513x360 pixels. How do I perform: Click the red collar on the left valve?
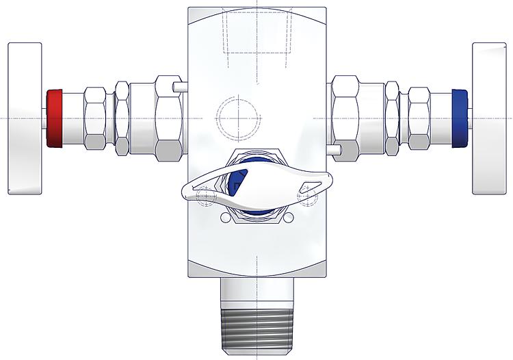pos(54,118)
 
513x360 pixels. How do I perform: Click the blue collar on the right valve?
pos(460,118)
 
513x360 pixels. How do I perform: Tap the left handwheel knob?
pos(25,118)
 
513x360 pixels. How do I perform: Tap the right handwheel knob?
pos(488,118)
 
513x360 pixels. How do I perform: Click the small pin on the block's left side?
pos(179,87)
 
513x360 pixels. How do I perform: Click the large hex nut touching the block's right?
pos(345,118)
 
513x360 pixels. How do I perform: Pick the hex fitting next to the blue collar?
pos(419,118)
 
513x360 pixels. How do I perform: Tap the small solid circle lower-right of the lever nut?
pos(289,218)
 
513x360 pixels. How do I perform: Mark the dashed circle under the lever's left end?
pos(205,197)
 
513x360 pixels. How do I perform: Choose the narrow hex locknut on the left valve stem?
pos(122,118)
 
